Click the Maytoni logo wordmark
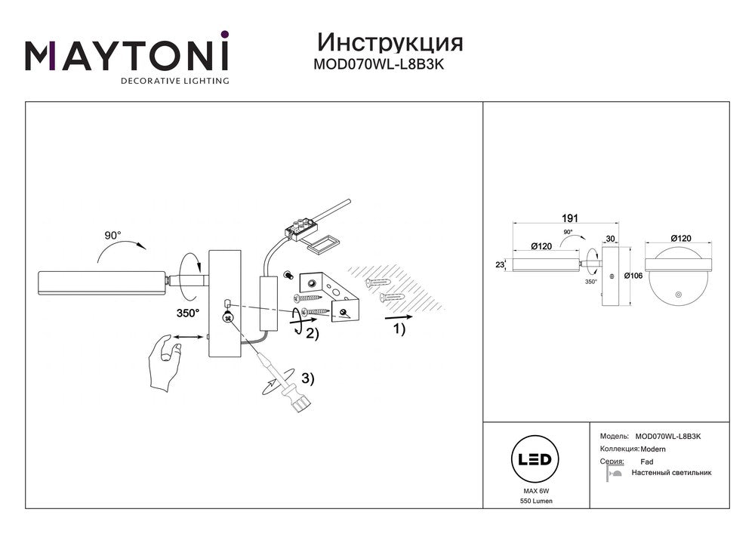coord(127,56)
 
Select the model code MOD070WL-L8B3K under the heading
coord(378,65)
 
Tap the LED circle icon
coord(535,459)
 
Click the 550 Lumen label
coord(535,502)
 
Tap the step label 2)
coord(311,334)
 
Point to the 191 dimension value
coord(561,217)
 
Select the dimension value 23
coord(499,264)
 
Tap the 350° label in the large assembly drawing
coord(186,312)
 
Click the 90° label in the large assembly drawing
coord(112,236)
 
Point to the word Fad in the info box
coord(646,461)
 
